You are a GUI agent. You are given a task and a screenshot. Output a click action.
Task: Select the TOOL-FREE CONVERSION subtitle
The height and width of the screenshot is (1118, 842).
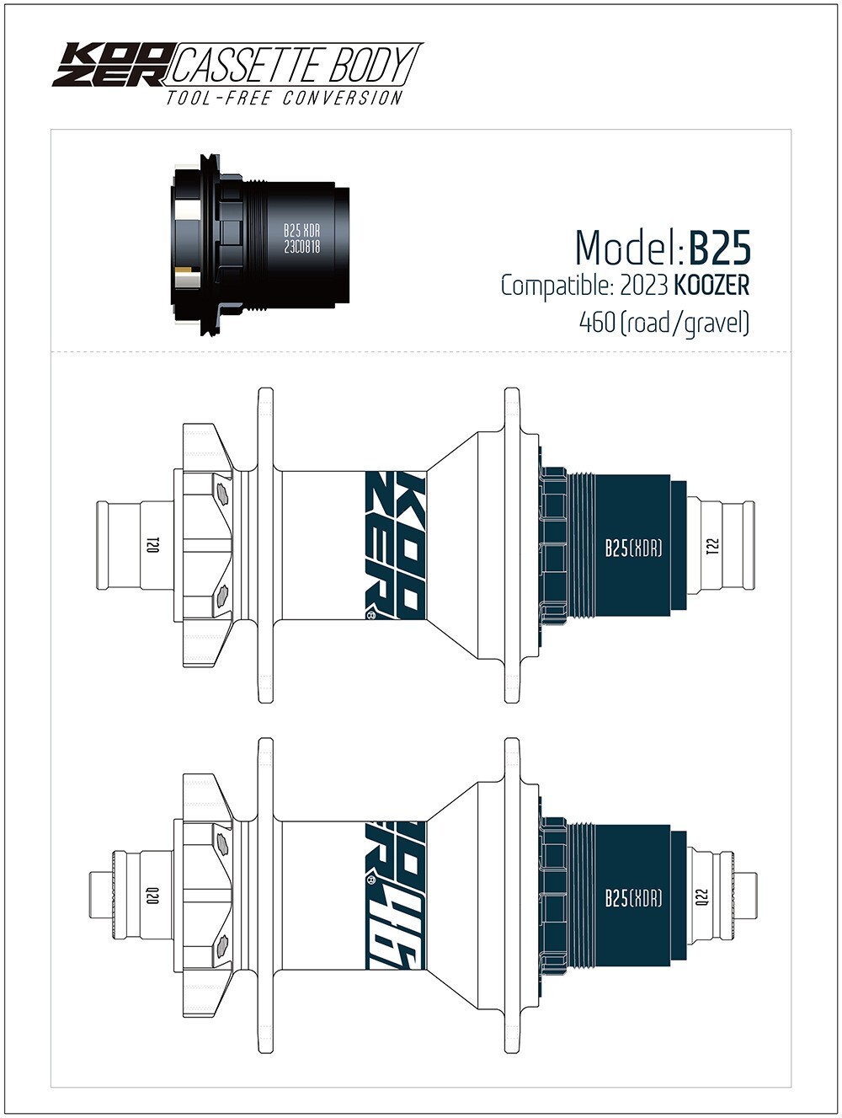pos(284,98)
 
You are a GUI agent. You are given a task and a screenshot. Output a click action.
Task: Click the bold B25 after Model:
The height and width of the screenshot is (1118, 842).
pos(719,249)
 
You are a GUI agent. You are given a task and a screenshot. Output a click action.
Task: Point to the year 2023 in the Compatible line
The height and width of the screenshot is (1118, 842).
pos(644,286)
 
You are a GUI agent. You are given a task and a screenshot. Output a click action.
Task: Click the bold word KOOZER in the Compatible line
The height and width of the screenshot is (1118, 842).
pos(711,286)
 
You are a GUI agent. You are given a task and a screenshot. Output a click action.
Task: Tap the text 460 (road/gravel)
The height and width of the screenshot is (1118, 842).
pos(664,323)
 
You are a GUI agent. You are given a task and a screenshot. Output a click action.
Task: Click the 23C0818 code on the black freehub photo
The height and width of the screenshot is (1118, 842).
pos(302,247)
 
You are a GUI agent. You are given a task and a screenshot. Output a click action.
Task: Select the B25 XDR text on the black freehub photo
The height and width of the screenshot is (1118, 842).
pos(302,231)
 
